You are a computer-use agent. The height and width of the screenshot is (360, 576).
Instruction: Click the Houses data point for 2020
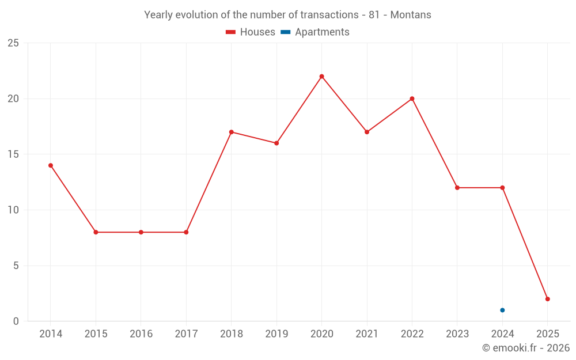click(x=321, y=76)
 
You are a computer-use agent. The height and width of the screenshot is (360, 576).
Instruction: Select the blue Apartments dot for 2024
click(x=502, y=310)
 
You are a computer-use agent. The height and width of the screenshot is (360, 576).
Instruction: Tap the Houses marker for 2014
click(x=51, y=165)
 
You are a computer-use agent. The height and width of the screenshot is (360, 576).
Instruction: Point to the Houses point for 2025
click(x=547, y=299)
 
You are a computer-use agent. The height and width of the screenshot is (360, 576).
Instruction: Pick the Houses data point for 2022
click(x=412, y=98)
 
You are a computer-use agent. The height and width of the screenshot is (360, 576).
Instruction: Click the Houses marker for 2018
click(x=231, y=132)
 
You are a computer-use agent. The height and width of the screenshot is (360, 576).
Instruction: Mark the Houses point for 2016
click(x=141, y=232)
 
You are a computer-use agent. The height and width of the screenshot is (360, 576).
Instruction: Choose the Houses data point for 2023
click(x=457, y=188)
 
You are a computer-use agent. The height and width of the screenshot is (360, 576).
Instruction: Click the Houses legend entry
click(x=251, y=32)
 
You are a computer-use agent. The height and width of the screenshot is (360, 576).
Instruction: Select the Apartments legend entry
click(x=315, y=32)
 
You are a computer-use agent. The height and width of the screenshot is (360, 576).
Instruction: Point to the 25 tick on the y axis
click(x=13, y=43)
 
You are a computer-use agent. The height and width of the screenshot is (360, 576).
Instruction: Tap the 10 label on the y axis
click(x=13, y=210)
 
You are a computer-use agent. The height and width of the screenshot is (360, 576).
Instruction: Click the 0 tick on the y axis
click(x=16, y=321)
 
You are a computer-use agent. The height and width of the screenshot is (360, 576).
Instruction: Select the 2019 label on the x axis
click(x=276, y=334)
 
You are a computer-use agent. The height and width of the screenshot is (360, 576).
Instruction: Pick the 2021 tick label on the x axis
click(x=367, y=334)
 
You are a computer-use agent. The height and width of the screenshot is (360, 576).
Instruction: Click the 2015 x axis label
click(x=96, y=334)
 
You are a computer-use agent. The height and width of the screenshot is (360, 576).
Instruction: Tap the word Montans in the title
click(x=411, y=15)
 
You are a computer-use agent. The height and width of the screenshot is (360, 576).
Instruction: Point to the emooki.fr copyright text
click(x=525, y=348)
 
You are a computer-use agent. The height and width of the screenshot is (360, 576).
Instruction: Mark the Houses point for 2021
click(x=367, y=132)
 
